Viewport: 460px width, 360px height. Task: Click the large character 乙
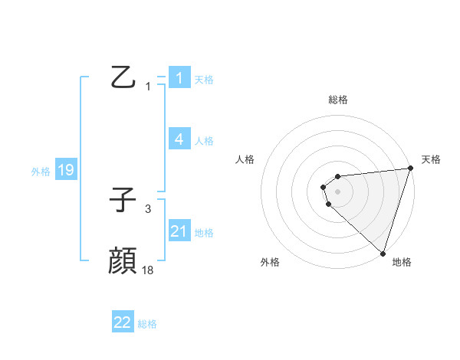[x=123, y=77]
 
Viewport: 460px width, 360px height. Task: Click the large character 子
[x=123, y=201]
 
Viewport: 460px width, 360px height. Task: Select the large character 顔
[x=123, y=261]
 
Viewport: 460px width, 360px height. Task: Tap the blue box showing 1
[x=179, y=78]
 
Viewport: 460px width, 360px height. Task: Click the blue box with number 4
[x=179, y=139]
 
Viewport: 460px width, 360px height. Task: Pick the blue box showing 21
[x=179, y=231]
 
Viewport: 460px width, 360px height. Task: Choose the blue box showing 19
[x=65, y=170]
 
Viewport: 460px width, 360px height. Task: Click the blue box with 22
[x=123, y=322]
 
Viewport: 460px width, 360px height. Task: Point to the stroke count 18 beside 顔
[x=148, y=270]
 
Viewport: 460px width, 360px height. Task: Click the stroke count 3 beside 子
[x=148, y=208]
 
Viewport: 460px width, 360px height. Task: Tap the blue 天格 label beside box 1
[x=204, y=79]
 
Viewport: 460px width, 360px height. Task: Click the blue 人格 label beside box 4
[x=204, y=140]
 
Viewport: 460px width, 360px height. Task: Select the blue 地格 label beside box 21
[x=204, y=232]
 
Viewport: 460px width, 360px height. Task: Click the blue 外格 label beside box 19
[x=41, y=172]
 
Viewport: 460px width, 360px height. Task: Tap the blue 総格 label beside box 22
[x=147, y=324]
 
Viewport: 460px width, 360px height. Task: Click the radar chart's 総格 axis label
[x=338, y=100]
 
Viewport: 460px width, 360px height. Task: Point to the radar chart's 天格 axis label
[x=432, y=159]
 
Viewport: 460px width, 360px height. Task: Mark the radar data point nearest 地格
[x=383, y=254]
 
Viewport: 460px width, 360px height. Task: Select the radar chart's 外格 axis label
[x=270, y=262]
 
